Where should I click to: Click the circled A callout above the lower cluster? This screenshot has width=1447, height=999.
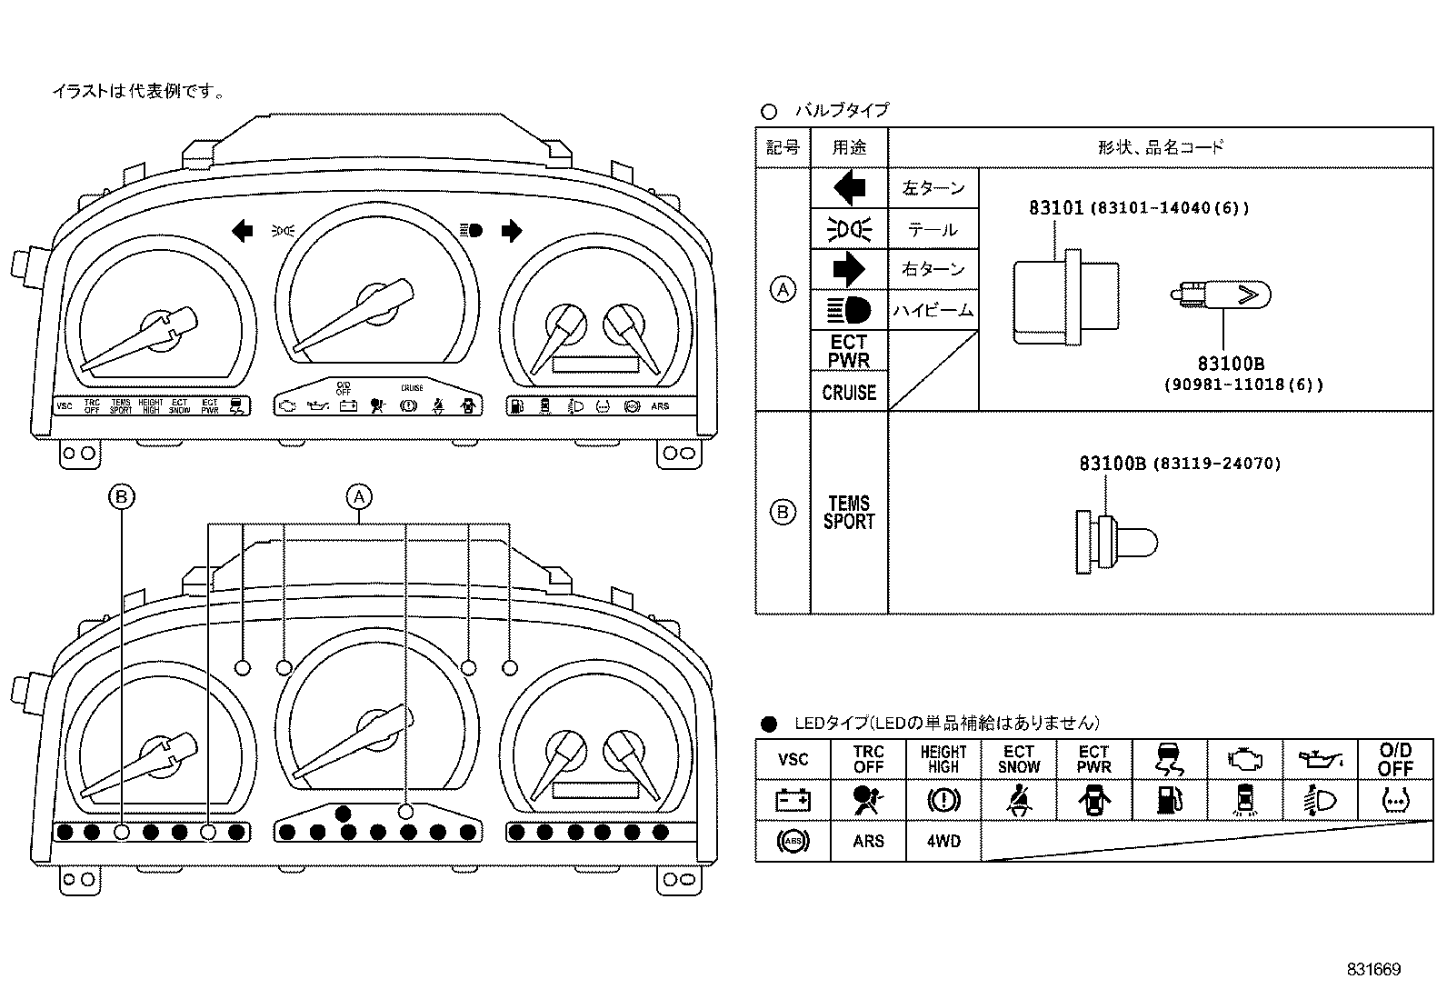pyautogui.click(x=360, y=497)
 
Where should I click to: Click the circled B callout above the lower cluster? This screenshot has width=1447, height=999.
pyautogui.click(x=122, y=497)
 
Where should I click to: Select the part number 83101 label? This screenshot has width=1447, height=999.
pyautogui.click(x=1055, y=208)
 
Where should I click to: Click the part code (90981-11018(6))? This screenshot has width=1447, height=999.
pyautogui.click(x=1242, y=385)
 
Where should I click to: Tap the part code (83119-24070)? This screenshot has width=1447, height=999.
pyautogui.click(x=1216, y=464)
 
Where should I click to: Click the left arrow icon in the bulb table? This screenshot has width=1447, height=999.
pyautogui.click(x=849, y=188)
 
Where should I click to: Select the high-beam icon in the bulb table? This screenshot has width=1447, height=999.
pyautogui.click(x=849, y=311)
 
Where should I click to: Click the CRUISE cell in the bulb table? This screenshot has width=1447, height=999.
pyautogui.click(x=849, y=393)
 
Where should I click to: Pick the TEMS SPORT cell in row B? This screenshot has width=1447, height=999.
pyautogui.click(x=849, y=513)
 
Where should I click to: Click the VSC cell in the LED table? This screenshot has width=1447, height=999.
pyautogui.click(x=793, y=760)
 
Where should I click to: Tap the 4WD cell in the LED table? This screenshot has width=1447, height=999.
pyautogui.click(x=943, y=842)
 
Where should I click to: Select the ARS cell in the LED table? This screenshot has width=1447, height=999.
pyautogui.click(x=868, y=842)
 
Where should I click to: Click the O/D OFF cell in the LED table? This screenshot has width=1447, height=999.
pyautogui.click(x=1395, y=760)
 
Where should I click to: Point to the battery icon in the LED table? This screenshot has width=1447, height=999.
pyautogui.click(x=793, y=801)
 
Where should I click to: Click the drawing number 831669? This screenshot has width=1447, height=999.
pyautogui.click(x=1373, y=970)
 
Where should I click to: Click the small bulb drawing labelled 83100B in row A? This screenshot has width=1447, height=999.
pyautogui.click(x=1220, y=295)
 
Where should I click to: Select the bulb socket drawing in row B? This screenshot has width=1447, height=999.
pyautogui.click(x=1116, y=544)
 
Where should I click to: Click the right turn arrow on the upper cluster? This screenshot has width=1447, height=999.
pyautogui.click(x=512, y=231)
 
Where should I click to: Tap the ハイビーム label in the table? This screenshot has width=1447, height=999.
pyautogui.click(x=933, y=311)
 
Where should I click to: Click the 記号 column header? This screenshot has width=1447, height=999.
pyautogui.click(x=783, y=147)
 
